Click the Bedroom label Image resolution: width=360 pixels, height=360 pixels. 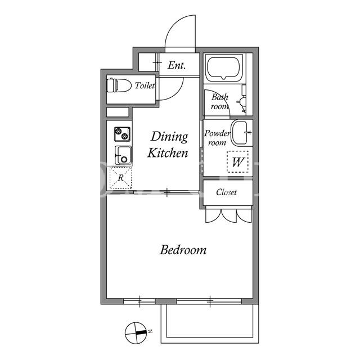(x=183, y=250)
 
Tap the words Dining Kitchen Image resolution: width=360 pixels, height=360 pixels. (x=168, y=145)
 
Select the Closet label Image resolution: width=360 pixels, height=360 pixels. (x=226, y=192)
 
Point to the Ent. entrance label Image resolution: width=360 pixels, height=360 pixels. (x=177, y=65)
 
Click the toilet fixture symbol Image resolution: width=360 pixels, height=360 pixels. (x=119, y=85)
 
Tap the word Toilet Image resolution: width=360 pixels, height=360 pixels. (x=145, y=85)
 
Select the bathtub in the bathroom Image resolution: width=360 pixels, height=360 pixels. (x=224, y=67)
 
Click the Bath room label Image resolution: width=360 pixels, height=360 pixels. (x=220, y=101)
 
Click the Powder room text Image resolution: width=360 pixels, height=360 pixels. (x=217, y=138)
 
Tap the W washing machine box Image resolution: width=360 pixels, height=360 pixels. (x=238, y=161)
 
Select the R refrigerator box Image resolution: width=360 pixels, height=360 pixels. (x=120, y=178)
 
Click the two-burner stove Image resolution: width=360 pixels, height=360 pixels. (x=122, y=134)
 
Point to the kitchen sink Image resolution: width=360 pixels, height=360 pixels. (x=123, y=155)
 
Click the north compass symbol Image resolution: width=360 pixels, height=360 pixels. (x=136, y=332)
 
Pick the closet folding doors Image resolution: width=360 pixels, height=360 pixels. (x=229, y=216)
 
